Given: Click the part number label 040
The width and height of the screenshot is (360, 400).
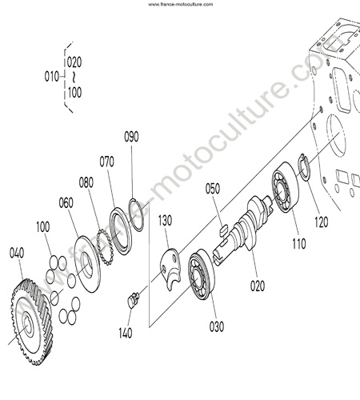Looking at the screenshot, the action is (17, 253).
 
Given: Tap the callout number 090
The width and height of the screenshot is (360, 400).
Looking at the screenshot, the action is (131, 137).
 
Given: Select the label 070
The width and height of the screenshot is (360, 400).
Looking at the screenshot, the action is (106, 162).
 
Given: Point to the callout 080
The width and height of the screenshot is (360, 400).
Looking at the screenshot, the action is (86, 182).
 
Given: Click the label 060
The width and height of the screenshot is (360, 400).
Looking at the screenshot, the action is (66, 203).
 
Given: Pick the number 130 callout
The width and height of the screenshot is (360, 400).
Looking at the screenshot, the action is (165, 221).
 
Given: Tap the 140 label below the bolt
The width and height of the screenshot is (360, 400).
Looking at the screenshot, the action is (126, 333).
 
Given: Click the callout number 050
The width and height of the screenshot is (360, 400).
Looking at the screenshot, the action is (213, 189).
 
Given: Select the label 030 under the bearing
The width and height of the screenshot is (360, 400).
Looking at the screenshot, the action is (217, 326).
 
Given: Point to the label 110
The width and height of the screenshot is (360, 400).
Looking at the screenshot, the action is (299, 244).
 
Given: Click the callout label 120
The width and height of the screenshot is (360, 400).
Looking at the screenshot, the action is (322, 222).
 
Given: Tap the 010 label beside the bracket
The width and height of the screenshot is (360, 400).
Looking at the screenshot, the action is (51, 77).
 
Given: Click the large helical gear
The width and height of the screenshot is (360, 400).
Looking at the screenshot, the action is (31, 322).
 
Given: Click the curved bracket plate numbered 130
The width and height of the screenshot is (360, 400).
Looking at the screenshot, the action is (170, 269).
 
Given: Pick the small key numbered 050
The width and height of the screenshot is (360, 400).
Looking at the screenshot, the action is (223, 230).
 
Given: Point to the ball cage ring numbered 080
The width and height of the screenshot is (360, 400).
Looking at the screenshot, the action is (105, 247).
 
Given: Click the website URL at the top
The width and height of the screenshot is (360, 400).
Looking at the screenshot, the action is (181, 4).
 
